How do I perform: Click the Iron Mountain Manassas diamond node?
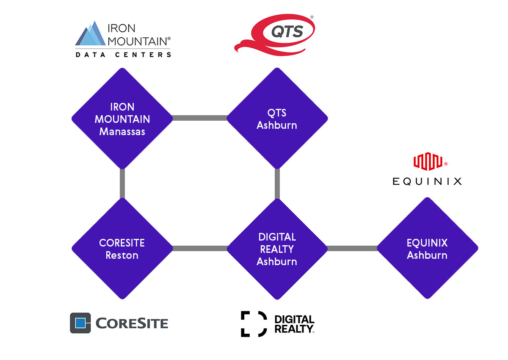coord(122,119)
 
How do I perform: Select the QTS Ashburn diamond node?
coord(277,119)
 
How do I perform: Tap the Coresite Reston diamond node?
coord(122,249)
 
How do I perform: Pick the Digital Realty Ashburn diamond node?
coord(277,249)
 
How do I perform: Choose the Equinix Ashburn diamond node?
coord(428,248)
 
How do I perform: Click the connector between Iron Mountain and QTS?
coord(200,118)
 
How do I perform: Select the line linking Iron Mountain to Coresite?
coord(122,183)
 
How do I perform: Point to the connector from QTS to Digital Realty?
coord(277,184)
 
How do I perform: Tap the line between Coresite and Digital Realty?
coord(200,248)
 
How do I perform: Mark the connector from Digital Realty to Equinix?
coord(352,248)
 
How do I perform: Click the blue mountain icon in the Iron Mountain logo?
coord(91,33)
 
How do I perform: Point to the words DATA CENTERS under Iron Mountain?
coord(123,55)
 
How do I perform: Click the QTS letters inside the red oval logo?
coord(287,31)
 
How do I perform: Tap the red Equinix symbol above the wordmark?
coord(428,161)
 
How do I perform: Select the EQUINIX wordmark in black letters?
coord(427,181)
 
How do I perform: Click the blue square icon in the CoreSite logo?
coord(80,323)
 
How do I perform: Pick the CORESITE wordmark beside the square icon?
coord(132,323)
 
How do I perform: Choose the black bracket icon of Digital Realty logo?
coord(254,324)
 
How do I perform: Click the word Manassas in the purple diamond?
coord(122,132)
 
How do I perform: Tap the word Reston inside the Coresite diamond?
coord(122,255)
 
